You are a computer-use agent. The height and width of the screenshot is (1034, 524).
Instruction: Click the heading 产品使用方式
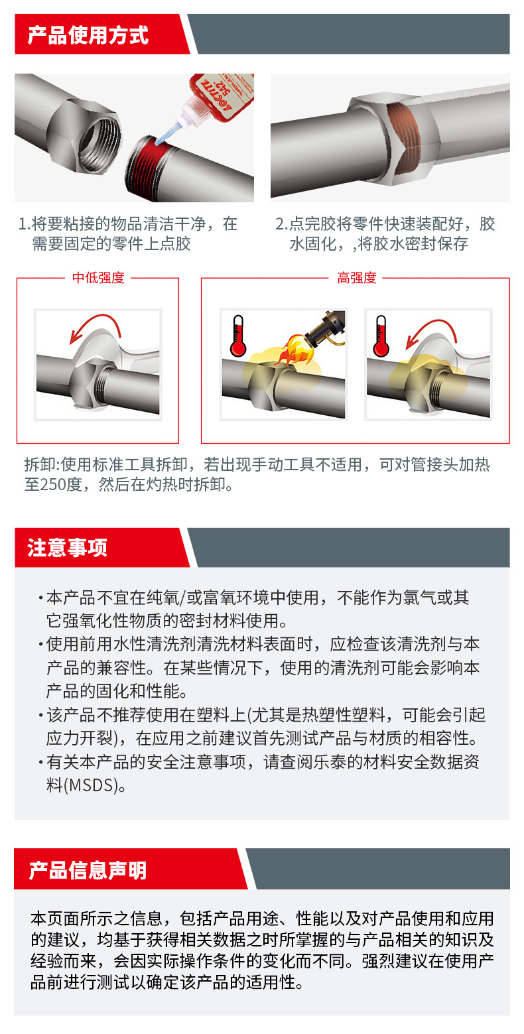pyautogui.click(x=88, y=35)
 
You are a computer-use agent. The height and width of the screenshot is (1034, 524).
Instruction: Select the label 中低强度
pyautogui.click(x=98, y=278)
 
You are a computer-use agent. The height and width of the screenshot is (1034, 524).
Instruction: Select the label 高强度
pyautogui.click(x=357, y=278)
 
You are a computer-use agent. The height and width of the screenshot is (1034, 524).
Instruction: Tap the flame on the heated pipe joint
pyautogui.click(x=295, y=352)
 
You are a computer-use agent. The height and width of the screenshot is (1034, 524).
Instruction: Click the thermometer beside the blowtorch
pyautogui.click(x=237, y=336)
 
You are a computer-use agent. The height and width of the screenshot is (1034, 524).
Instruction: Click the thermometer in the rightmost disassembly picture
pyautogui.click(x=381, y=336)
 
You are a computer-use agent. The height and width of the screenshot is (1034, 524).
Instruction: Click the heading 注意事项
pyautogui.click(x=68, y=548)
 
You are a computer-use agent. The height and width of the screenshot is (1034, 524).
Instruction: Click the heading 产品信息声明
pyautogui.click(x=88, y=871)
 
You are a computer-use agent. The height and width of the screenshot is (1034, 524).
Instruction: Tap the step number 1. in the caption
pyautogui.click(x=24, y=224)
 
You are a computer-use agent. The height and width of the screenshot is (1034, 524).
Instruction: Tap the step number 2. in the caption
pyautogui.click(x=282, y=224)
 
